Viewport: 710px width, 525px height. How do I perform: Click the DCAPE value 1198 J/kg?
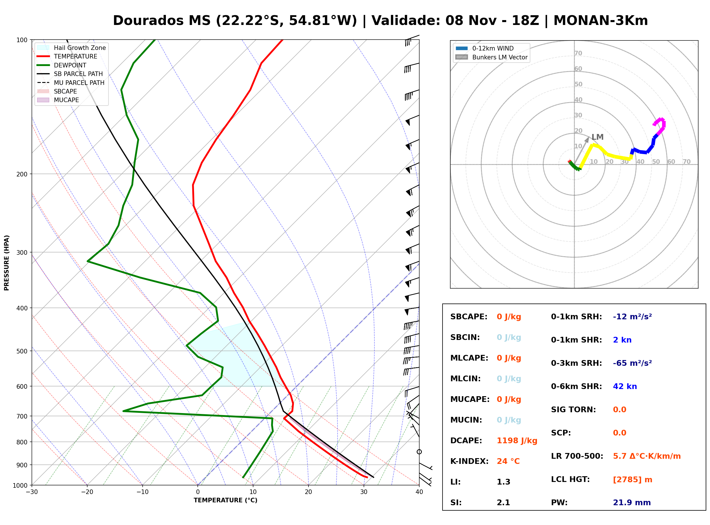517,441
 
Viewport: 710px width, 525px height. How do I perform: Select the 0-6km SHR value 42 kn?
625,386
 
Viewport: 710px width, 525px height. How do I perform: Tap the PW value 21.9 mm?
632,503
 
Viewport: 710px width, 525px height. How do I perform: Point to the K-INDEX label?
470,461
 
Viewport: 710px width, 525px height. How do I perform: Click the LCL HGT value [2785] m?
633,480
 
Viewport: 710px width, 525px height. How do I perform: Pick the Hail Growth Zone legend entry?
71,48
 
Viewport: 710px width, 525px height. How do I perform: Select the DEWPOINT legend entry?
62,65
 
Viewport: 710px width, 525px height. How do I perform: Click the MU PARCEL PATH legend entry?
71,83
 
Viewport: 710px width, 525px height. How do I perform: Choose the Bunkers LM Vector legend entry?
492,57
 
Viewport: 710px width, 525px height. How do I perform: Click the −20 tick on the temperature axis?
87,492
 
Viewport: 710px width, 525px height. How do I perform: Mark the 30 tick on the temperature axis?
364,492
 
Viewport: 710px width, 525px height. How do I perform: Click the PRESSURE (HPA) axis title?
7,263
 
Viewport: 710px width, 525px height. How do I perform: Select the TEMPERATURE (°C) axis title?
226,500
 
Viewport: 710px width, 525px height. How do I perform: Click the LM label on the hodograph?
598,137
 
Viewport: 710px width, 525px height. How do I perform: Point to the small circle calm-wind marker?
419,452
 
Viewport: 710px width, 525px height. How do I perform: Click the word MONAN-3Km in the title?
601,21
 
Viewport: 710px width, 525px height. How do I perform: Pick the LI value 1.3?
503,482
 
